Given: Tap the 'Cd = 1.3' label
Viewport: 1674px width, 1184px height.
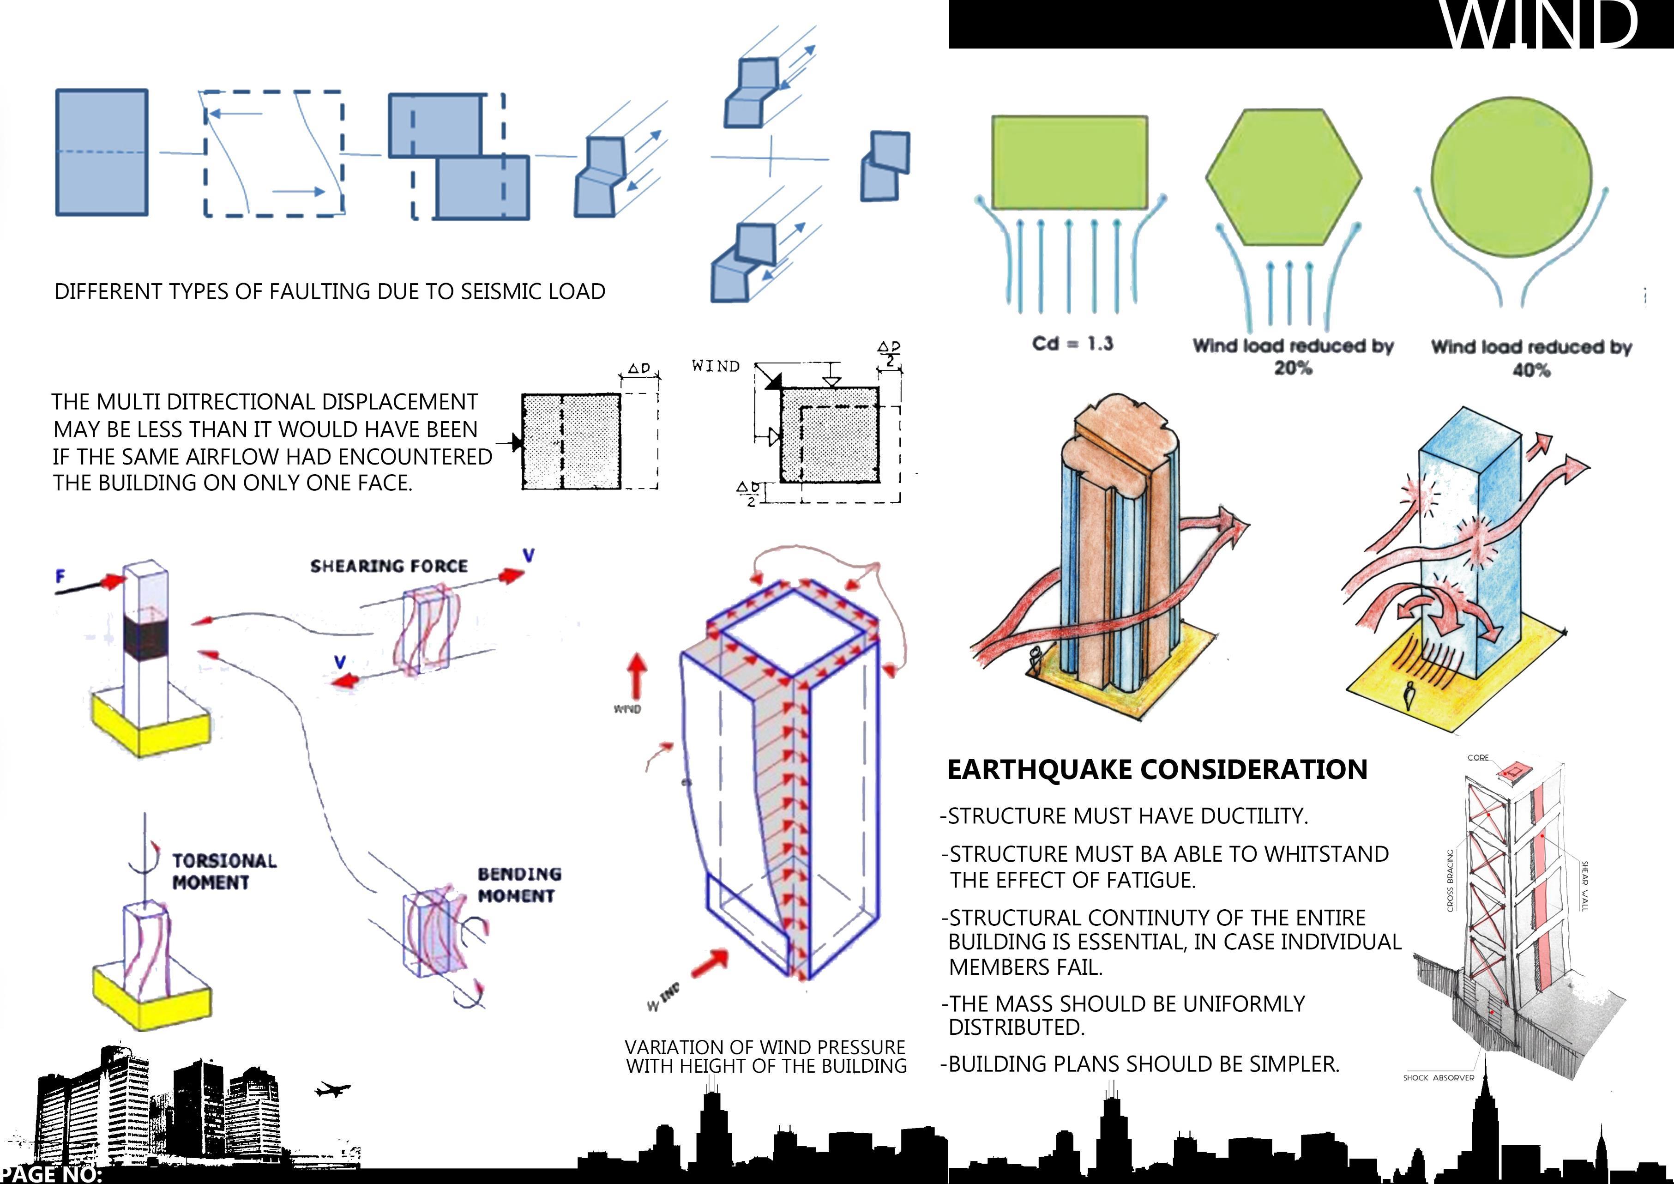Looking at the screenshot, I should pos(1072,344).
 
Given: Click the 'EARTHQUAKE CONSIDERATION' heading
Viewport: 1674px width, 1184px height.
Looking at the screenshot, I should pos(1157,769).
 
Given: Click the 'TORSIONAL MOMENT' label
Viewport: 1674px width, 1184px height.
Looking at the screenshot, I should pos(224,871).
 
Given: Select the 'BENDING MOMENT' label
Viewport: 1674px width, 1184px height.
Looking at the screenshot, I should pos(518,884).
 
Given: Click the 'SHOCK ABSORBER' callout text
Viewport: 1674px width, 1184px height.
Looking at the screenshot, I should pos(1439,1077).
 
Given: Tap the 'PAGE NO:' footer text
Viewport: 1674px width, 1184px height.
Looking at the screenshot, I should pos(51,1174).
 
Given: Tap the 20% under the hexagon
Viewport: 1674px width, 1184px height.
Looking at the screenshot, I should pos(1293,368).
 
